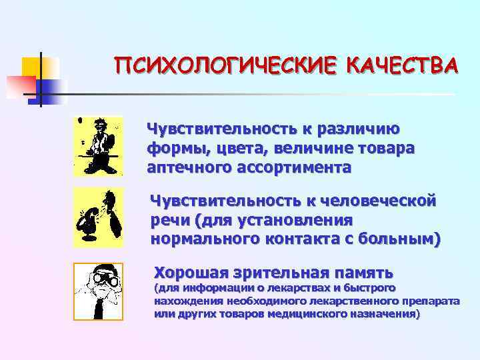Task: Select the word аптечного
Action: click(188, 167)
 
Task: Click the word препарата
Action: click(429, 301)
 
